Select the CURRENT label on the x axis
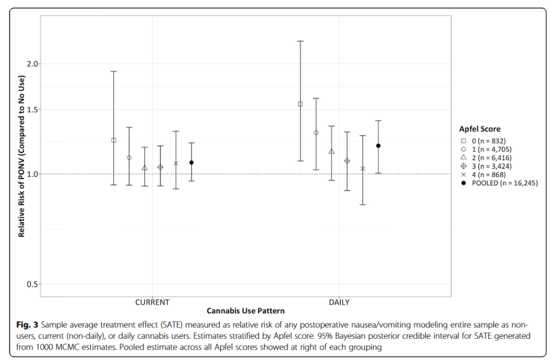(x=152, y=302)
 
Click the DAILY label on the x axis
(x=339, y=302)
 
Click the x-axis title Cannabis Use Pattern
(x=245, y=311)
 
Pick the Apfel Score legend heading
(x=480, y=129)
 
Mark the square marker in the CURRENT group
(x=114, y=140)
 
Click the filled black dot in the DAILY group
(x=378, y=146)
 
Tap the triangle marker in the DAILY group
(x=331, y=151)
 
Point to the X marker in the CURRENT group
(x=176, y=163)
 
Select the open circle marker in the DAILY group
(x=316, y=132)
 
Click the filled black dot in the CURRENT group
(x=192, y=162)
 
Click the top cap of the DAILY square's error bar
(x=300, y=41)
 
